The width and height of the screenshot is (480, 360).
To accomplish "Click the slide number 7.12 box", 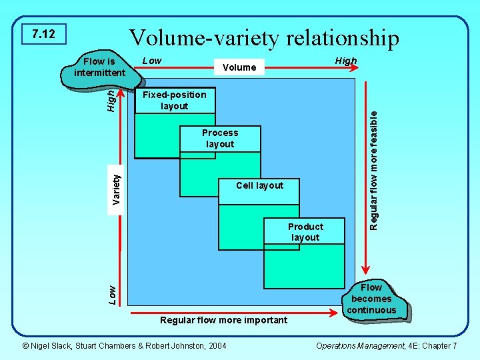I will click(x=44, y=34).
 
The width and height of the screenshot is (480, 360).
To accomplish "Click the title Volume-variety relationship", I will click(x=264, y=37).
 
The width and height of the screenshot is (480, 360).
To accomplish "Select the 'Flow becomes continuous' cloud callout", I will click(x=371, y=299).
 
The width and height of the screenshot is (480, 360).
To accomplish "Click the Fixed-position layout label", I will click(x=175, y=101).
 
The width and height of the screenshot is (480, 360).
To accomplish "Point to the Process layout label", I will click(x=220, y=138).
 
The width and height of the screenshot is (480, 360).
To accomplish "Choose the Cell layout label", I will click(x=260, y=185).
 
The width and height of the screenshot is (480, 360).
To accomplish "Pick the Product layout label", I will click(x=305, y=232).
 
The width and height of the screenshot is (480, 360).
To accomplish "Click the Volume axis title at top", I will click(x=239, y=67).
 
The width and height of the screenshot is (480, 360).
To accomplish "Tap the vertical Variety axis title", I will click(x=117, y=189).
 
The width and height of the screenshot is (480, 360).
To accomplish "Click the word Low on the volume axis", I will click(x=152, y=61).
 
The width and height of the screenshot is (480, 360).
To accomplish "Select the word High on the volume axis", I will click(x=346, y=61).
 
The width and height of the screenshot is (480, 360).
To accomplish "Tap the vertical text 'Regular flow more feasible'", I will click(x=375, y=170).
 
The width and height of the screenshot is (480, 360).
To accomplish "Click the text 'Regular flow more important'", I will click(x=224, y=320).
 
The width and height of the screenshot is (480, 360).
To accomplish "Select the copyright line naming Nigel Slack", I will click(x=124, y=345).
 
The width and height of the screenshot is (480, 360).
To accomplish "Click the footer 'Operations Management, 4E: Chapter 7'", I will click(x=386, y=345).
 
